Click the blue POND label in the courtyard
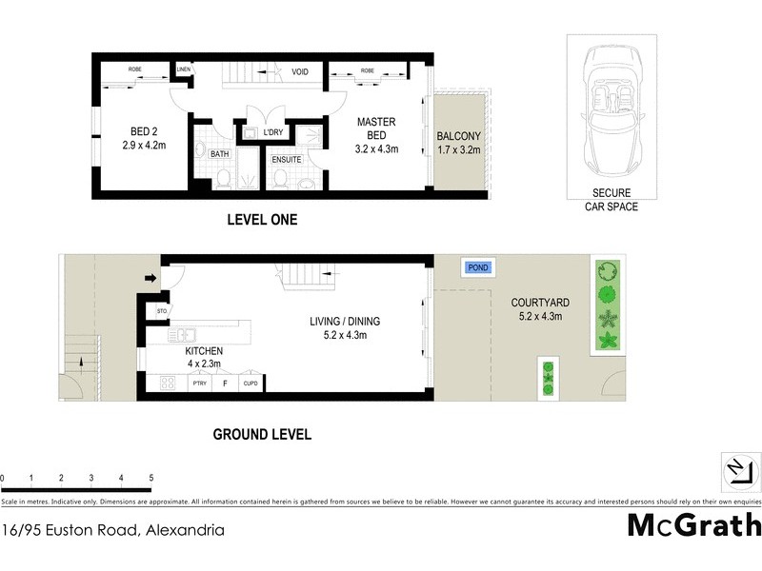[x=478, y=267]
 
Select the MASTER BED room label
[x=376, y=135]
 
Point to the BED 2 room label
[x=144, y=139]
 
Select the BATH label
[x=219, y=153]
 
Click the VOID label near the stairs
[x=300, y=71]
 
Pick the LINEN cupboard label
[x=184, y=69]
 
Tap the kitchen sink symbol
[x=182, y=334]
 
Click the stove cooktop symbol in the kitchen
[x=167, y=383]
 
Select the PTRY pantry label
[x=199, y=383]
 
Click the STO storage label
[x=162, y=309]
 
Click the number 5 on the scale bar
[x=150, y=478]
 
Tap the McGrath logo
[x=693, y=525]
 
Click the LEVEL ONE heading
[x=262, y=220]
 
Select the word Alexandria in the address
[x=183, y=530]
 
